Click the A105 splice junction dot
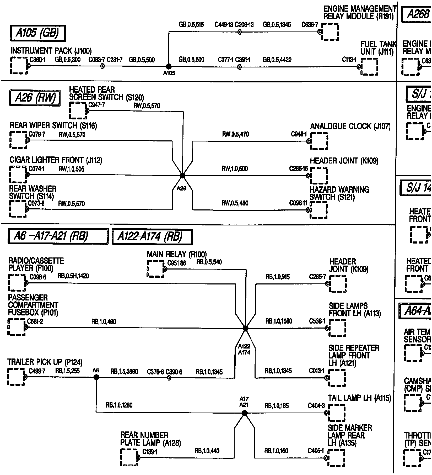pos(169,67)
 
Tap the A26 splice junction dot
pos(182,175)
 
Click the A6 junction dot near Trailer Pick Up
pos(96,377)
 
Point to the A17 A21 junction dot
pos(245,413)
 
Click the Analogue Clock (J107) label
pos(350,126)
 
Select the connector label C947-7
pos(97,105)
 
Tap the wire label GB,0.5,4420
pos(277,60)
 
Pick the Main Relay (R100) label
pos(177,254)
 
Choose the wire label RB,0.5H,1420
pos(73,276)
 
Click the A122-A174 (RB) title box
pos(152,237)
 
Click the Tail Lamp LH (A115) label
pos(359,398)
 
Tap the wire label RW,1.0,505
pos(71,169)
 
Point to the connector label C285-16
pos(298,168)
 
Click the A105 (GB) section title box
pos(38,33)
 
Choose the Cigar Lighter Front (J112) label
pos(56,160)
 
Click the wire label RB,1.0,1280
pos(119,405)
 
